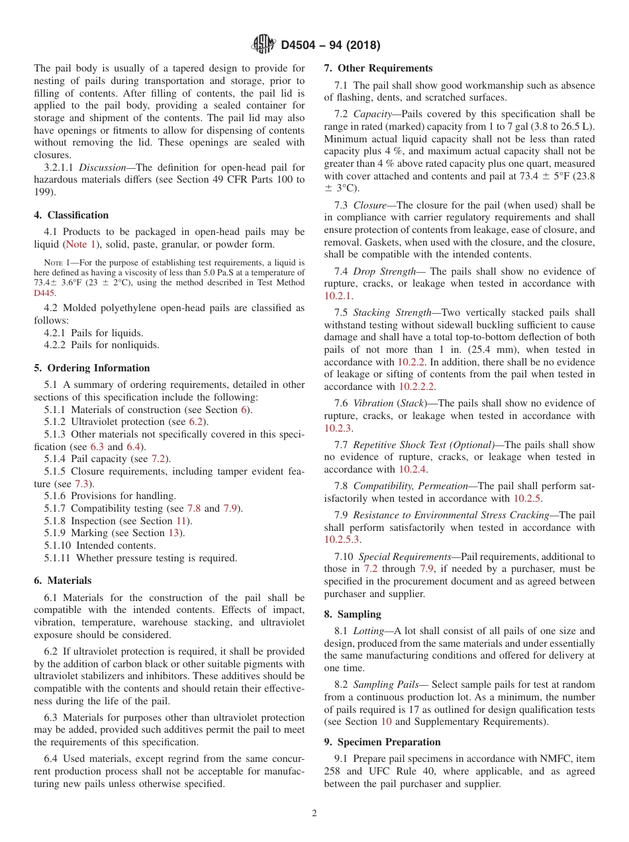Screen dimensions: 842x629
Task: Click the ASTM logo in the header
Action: coord(264,45)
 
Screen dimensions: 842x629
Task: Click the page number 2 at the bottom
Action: coord(314,814)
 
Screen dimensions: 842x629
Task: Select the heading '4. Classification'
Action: coord(71,215)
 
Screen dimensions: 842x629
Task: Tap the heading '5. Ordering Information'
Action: coord(92,368)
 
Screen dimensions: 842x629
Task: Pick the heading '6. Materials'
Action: coord(63,581)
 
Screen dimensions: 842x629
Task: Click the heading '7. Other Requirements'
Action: coord(378,68)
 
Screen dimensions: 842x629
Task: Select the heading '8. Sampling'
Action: coord(352,614)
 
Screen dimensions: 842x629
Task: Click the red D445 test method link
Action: coord(45,293)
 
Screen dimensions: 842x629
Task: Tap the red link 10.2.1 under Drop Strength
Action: coord(338,296)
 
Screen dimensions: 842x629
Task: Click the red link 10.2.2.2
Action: coord(416,387)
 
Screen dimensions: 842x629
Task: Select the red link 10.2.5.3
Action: coord(342,539)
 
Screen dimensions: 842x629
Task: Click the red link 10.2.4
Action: coord(412,469)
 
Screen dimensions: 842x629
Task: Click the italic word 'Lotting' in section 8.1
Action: coord(369,631)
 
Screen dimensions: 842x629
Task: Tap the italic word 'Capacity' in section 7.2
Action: coord(372,115)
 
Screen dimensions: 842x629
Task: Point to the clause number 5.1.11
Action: coord(56,558)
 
